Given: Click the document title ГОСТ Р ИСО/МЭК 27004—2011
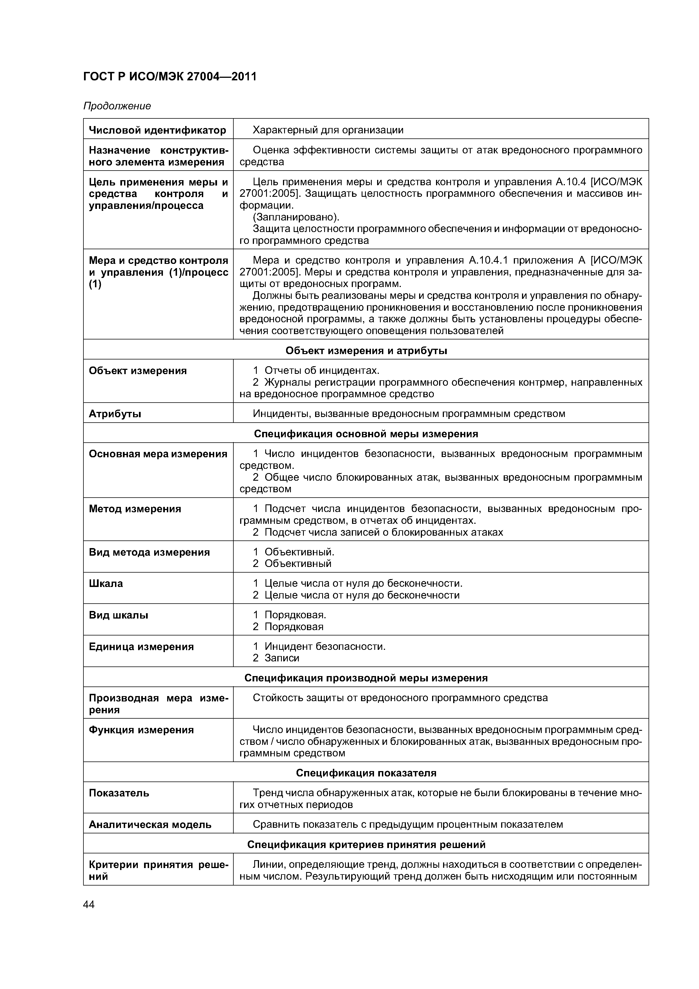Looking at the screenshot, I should (x=170, y=77).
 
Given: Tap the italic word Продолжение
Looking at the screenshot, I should (x=117, y=106).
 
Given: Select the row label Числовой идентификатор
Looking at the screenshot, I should (x=157, y=130).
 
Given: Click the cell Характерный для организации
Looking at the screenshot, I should (x=328, y=130).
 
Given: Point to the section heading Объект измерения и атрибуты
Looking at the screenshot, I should (x=366, y=351).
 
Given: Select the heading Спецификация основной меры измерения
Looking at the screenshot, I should (x=366, y=434).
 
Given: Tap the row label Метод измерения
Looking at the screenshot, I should (x=135, y=509).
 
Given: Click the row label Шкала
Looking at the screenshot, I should (x=106, y=584).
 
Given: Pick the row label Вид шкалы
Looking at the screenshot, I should (x=118, y=615).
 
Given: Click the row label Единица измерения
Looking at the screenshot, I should (x=141, y=646).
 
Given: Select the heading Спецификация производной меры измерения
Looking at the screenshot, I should (x=366, y=678).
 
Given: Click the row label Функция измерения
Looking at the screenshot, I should (x=141, y=730).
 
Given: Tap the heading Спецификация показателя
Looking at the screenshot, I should (x=366, y=773).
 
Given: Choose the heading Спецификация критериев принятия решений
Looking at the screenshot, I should (x=366, y=845).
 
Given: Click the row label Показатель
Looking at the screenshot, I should (x=119, y=793).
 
